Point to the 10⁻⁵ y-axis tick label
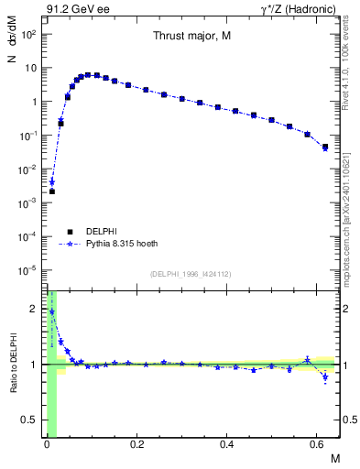pyautogui.click(x=28, y=270)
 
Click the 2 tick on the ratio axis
pyautogui.click(x=34, y=309)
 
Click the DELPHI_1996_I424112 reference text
pyautogui.click(x=191, y=273)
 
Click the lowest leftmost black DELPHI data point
pyautogui.click(x=52, y=191)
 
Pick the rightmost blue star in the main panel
pyautogui.click(x=325, y=148)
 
